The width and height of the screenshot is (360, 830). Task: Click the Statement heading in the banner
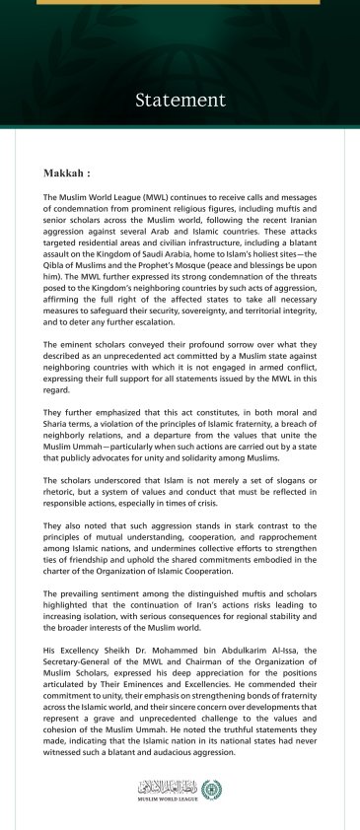click(180, 100)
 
